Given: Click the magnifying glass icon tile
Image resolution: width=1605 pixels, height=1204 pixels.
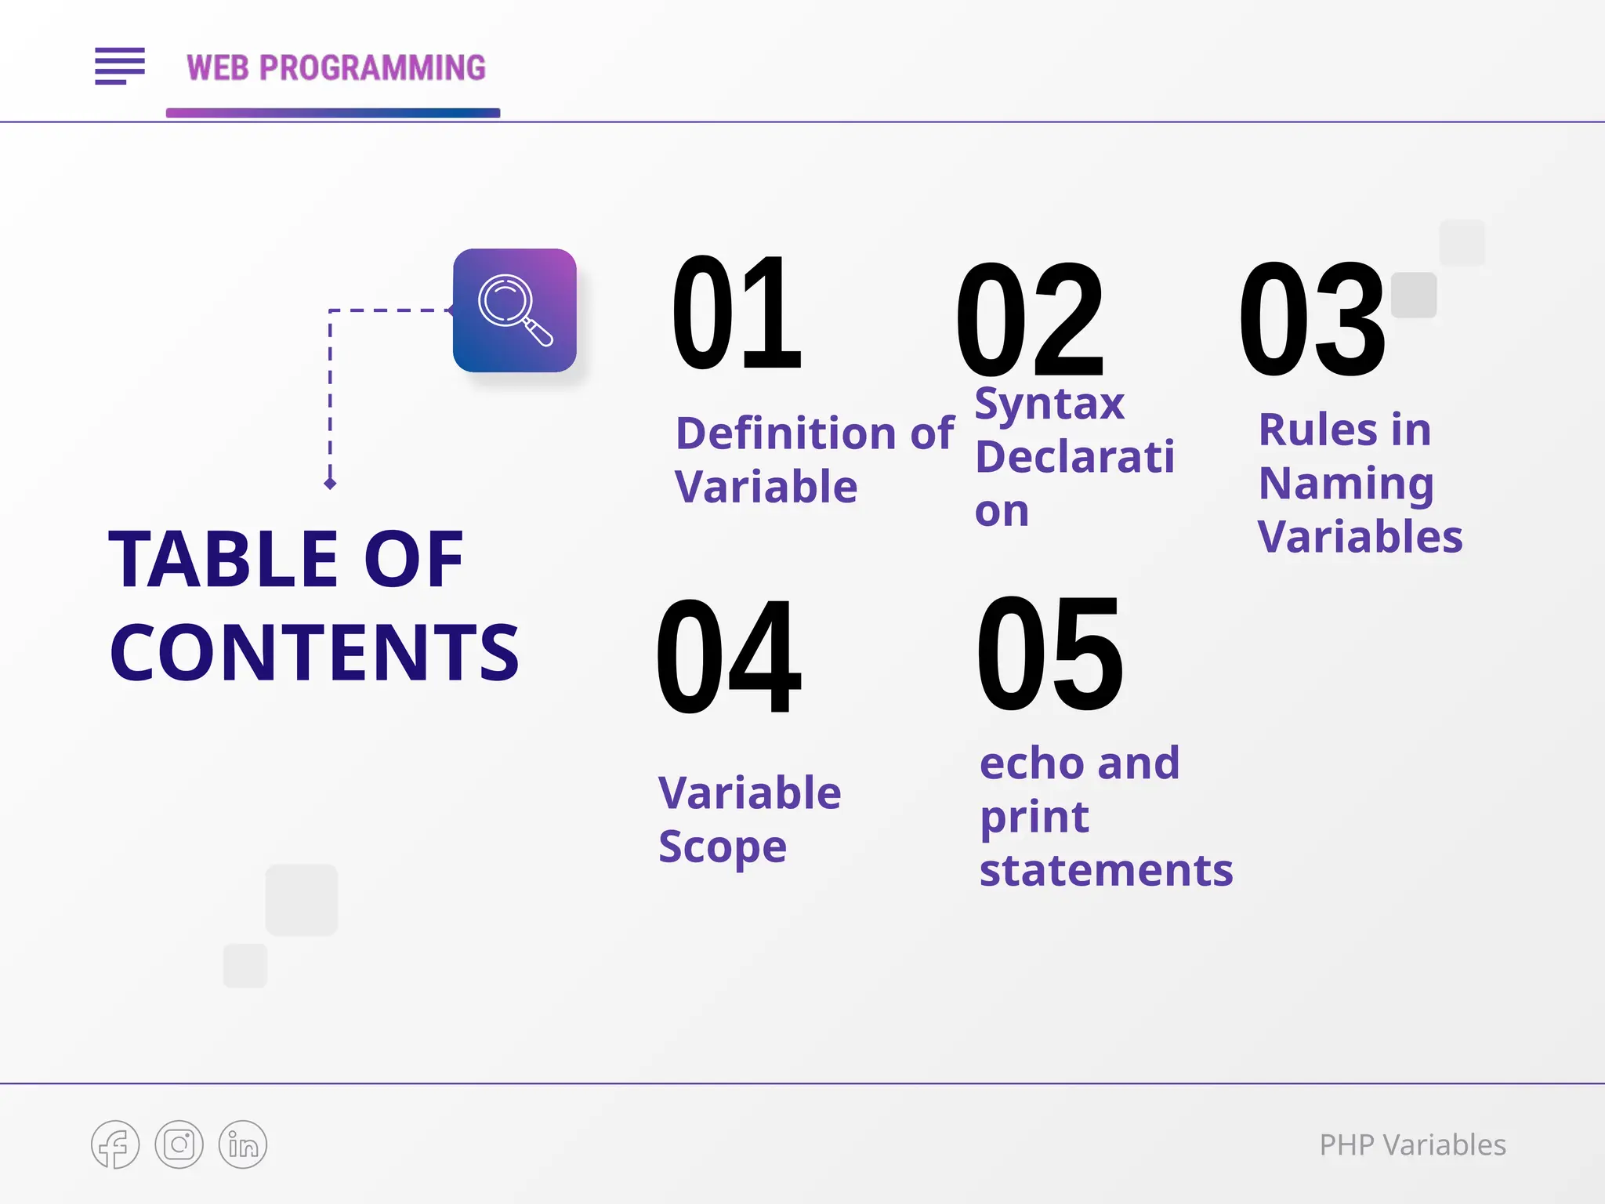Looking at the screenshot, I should point(514,310).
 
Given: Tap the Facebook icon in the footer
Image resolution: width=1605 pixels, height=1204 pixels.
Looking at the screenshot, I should point(115,1144).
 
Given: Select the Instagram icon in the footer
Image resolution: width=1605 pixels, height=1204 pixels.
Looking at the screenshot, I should point(179,1144).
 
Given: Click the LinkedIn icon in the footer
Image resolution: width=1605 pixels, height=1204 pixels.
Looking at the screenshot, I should point(243,1144).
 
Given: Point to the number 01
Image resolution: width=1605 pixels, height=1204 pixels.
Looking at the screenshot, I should point(737,314).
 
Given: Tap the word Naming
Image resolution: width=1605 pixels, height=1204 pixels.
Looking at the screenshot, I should point(1346,484).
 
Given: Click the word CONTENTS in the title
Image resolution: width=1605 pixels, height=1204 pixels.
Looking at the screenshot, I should point(314,652).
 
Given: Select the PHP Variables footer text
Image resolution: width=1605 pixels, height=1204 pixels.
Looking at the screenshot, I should point(1412,1145).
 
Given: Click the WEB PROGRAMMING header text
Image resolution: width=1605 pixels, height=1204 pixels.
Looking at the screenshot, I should point(336,68).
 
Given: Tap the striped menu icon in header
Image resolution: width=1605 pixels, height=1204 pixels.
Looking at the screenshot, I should point(120,66).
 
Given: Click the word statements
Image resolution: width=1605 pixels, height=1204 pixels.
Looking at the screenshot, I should point(1106,871).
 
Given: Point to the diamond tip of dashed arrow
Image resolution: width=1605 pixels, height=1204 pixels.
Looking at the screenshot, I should point(330,484).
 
